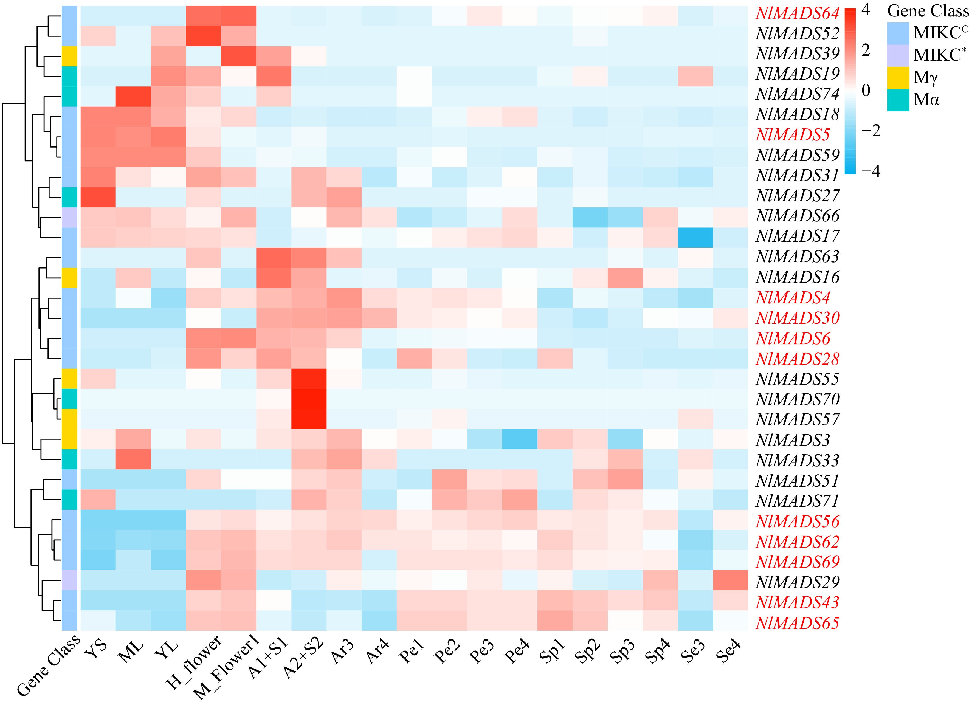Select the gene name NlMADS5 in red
[793, 135]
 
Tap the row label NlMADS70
[797, 399]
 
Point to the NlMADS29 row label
[797, 582]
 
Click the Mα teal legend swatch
[898, 100]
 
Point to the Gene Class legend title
[928, 11]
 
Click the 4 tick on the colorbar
[866, 9]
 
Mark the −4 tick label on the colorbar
[870, 171]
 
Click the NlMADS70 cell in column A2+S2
[309, 399]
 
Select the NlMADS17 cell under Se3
[695, 238]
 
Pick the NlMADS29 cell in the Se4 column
[731, 580]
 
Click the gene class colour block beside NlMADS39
[69, 56]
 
